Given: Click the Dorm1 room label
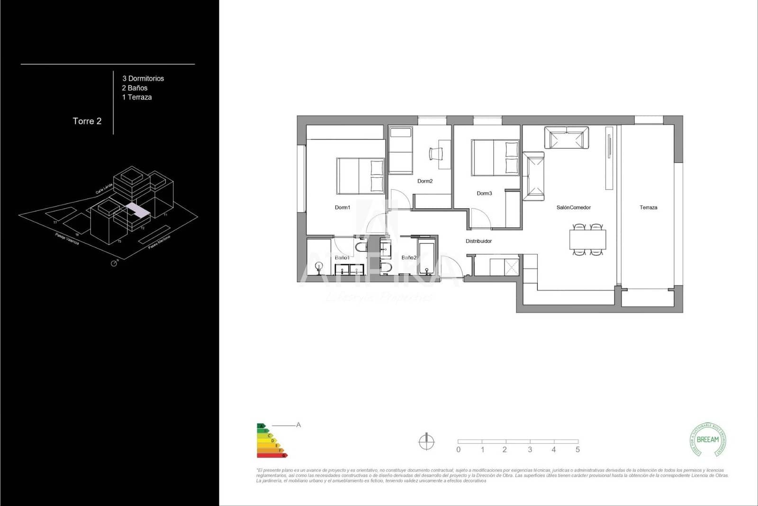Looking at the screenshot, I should [342, 208].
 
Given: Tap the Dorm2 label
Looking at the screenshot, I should [425, 181].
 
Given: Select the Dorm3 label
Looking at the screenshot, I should [484, 193].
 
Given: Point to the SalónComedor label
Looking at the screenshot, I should [573, 208].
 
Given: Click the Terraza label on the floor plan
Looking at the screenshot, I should [648, 208].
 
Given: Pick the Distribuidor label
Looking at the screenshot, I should [478, 241].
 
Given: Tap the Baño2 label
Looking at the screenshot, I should [408, 258].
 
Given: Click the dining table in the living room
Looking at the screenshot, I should [587, 239].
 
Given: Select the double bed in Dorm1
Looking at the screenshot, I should [360, 176].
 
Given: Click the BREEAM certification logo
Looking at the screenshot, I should [707, 440].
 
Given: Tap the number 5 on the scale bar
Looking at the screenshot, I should [578, 450].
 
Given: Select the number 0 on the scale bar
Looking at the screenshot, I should [458, 450].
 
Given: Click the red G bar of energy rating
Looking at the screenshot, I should [272, 455].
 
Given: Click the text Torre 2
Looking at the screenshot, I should [87, 121].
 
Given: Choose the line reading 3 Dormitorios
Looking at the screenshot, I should [143, 79].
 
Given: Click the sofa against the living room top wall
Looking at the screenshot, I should [566, 138].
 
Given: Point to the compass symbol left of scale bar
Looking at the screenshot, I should [426, 442].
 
